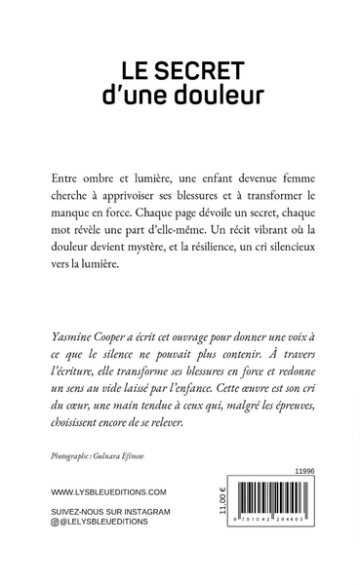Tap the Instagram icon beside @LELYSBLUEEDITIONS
tap(55, 552)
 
